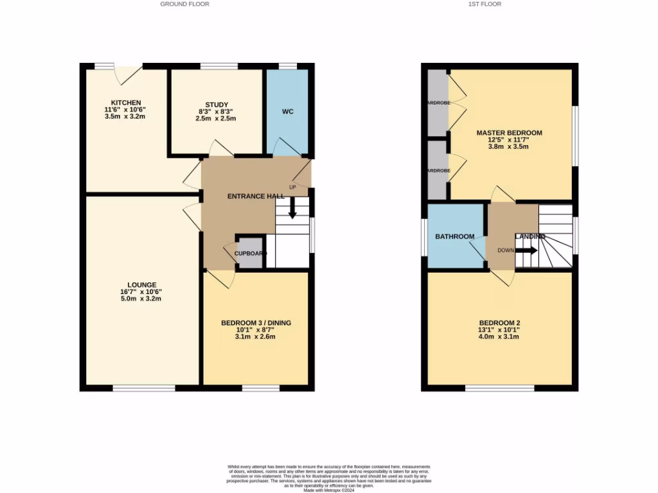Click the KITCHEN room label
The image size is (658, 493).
pyautogui.click(x=126, y=103)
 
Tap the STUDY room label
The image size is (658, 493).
pyautogui.click(x=217, y=105)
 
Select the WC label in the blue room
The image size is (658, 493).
pyautogui.click(x=287, y=112)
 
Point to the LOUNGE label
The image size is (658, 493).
pyautogui.click(x=142, y=285)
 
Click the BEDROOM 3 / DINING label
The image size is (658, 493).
pyautogui.click(x=256, y=323)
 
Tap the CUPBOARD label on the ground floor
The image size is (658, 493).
pyautogui.click(x=250, y=254)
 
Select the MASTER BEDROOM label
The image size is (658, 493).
pyautogui.click(x=509, y=133)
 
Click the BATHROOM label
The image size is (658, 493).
pyautogui.click(x=455, y=237)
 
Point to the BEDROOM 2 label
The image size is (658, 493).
pyautogui.click(x=499, y=323)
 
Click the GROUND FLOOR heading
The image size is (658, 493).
pyautogui.click(x=185, y=4)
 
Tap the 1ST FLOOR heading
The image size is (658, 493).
pyautogui.click(x=486, y=4)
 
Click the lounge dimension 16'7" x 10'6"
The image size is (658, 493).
pyautogui.click(x=142, y=292)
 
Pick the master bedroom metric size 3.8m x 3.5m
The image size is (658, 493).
pyautogui.click(x=508, y=147)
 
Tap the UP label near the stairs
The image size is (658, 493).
pyautogui.click(x=293, y=187)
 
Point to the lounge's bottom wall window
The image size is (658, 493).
pyautogui.click(x=144, y=388)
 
